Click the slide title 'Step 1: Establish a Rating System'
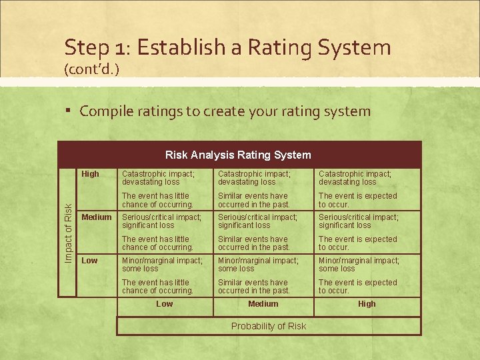tap(227, 47)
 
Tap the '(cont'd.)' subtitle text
tap(91, 69)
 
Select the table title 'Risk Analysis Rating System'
tap(238, 155)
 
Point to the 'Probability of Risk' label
tap(269, 326)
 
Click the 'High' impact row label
tap(90, 174)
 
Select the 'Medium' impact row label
tap(96, 217)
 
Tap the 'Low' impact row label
tap(89, 261)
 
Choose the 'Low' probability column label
tap(164, 304)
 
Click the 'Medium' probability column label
tap(263, 304)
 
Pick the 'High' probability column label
tap(367, 304)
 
